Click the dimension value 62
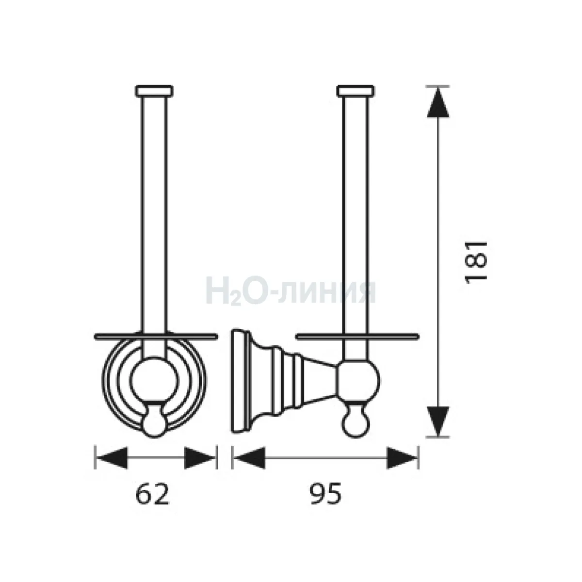click(x=152, y=495)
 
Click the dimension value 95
click(x=325, y=495)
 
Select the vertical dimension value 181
click(x=476, y=262)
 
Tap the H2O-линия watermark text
click(x=291, y=292)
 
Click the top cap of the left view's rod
click(x=154, y=91)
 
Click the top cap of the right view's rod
click(x=356, y=91)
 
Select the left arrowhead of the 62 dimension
click(x=112, y=458)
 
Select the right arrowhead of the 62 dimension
click(x=200, y=458)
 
